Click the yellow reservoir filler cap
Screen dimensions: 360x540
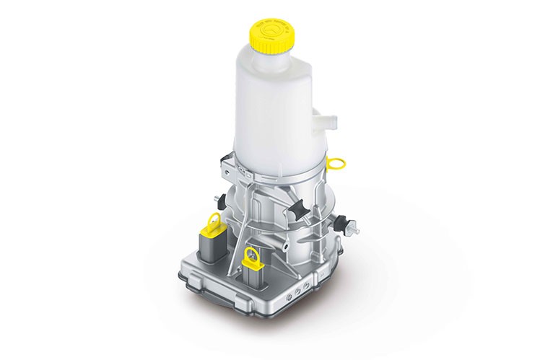point(272,37)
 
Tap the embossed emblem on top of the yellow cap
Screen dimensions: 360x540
point(272,30)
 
